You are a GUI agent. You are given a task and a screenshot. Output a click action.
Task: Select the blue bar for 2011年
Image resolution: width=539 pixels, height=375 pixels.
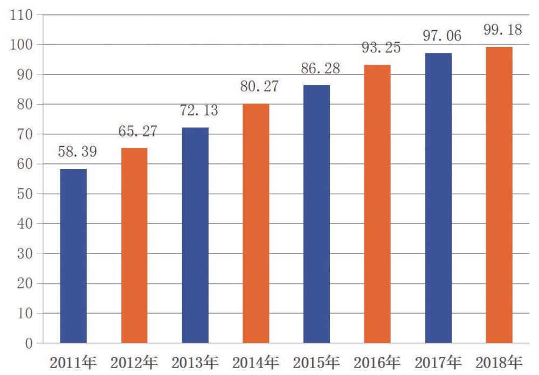[x=73, y=256]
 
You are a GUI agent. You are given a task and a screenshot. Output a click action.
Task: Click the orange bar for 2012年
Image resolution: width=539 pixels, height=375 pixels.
[x=134, y=246]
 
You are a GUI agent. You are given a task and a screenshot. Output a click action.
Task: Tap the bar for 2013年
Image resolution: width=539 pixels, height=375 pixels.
[x=195, y=235]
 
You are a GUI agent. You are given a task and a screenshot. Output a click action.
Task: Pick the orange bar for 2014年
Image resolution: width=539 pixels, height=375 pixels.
[x=256, y=223]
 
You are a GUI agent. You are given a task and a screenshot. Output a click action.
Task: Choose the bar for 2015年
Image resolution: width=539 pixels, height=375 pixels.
[x=317, y=214]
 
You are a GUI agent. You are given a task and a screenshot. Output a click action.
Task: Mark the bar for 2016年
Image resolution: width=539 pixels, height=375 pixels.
[x=377, y=203]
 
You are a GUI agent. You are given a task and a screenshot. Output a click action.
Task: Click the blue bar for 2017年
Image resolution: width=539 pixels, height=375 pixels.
[x=438, y=197]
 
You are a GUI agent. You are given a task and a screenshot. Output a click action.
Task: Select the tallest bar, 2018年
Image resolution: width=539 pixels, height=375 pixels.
[x=499, y=195]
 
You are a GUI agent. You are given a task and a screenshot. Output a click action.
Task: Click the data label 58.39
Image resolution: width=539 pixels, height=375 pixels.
[x=78, y=152]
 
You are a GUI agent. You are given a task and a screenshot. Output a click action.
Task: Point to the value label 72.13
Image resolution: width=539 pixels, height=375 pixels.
[x=199, y=111]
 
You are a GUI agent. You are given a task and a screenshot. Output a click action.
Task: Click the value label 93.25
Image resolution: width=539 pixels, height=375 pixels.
[x=381, y=47]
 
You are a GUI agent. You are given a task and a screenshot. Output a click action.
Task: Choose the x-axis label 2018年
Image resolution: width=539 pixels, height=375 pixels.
[x=499, y=362]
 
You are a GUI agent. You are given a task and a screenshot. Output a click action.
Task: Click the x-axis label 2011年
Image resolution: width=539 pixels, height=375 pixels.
[x=73, y=362]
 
